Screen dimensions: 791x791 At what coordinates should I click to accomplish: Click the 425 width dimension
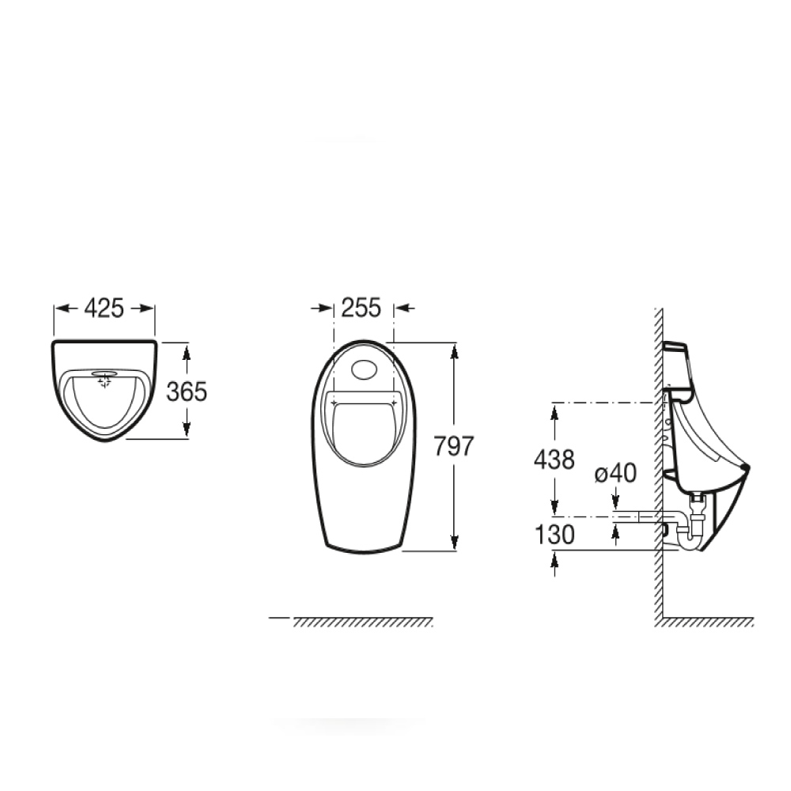click(x=104, y=308)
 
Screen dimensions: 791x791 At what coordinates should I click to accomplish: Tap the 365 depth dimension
click(x=187, y=391)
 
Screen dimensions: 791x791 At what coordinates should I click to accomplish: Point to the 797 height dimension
click(x=453, y=446)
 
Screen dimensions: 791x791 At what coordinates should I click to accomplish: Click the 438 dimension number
click(x=553, y=460)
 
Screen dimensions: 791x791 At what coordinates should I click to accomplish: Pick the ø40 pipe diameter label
click(x=615, y=473)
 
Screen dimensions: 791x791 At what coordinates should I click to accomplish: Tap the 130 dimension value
click(x=553, y=535)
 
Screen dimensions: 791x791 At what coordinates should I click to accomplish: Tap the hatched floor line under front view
click(x=363, y=622)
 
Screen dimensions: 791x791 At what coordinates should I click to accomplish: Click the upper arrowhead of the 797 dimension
click(x=454, y=350)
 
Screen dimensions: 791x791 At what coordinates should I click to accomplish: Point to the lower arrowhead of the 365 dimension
click(x=187, y=431)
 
